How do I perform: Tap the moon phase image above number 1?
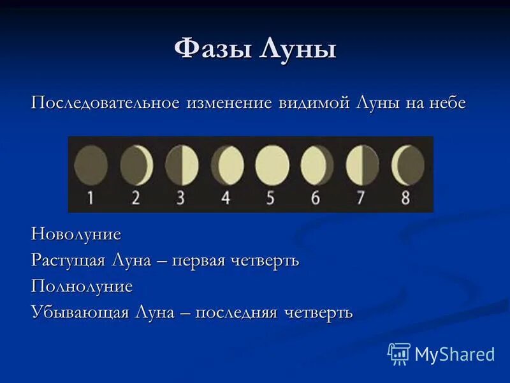(x=91, y=165)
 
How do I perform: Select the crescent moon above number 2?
(x=136, y=165)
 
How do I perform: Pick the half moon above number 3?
(x=182, y=165)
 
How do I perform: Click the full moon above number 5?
(x=272, y=165)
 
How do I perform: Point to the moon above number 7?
(x=362, y=165)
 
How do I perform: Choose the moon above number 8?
(x=407, y=165)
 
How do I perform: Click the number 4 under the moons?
(x=225, y=197)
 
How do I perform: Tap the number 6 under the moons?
(x=316, y=197)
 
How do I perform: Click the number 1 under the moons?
(x=91, y=197)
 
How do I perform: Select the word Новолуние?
(x=76, y=234)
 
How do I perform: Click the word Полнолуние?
(x=82, y=287)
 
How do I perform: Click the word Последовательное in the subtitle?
(x=106, y=103)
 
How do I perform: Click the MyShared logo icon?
(x=399, y=353)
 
